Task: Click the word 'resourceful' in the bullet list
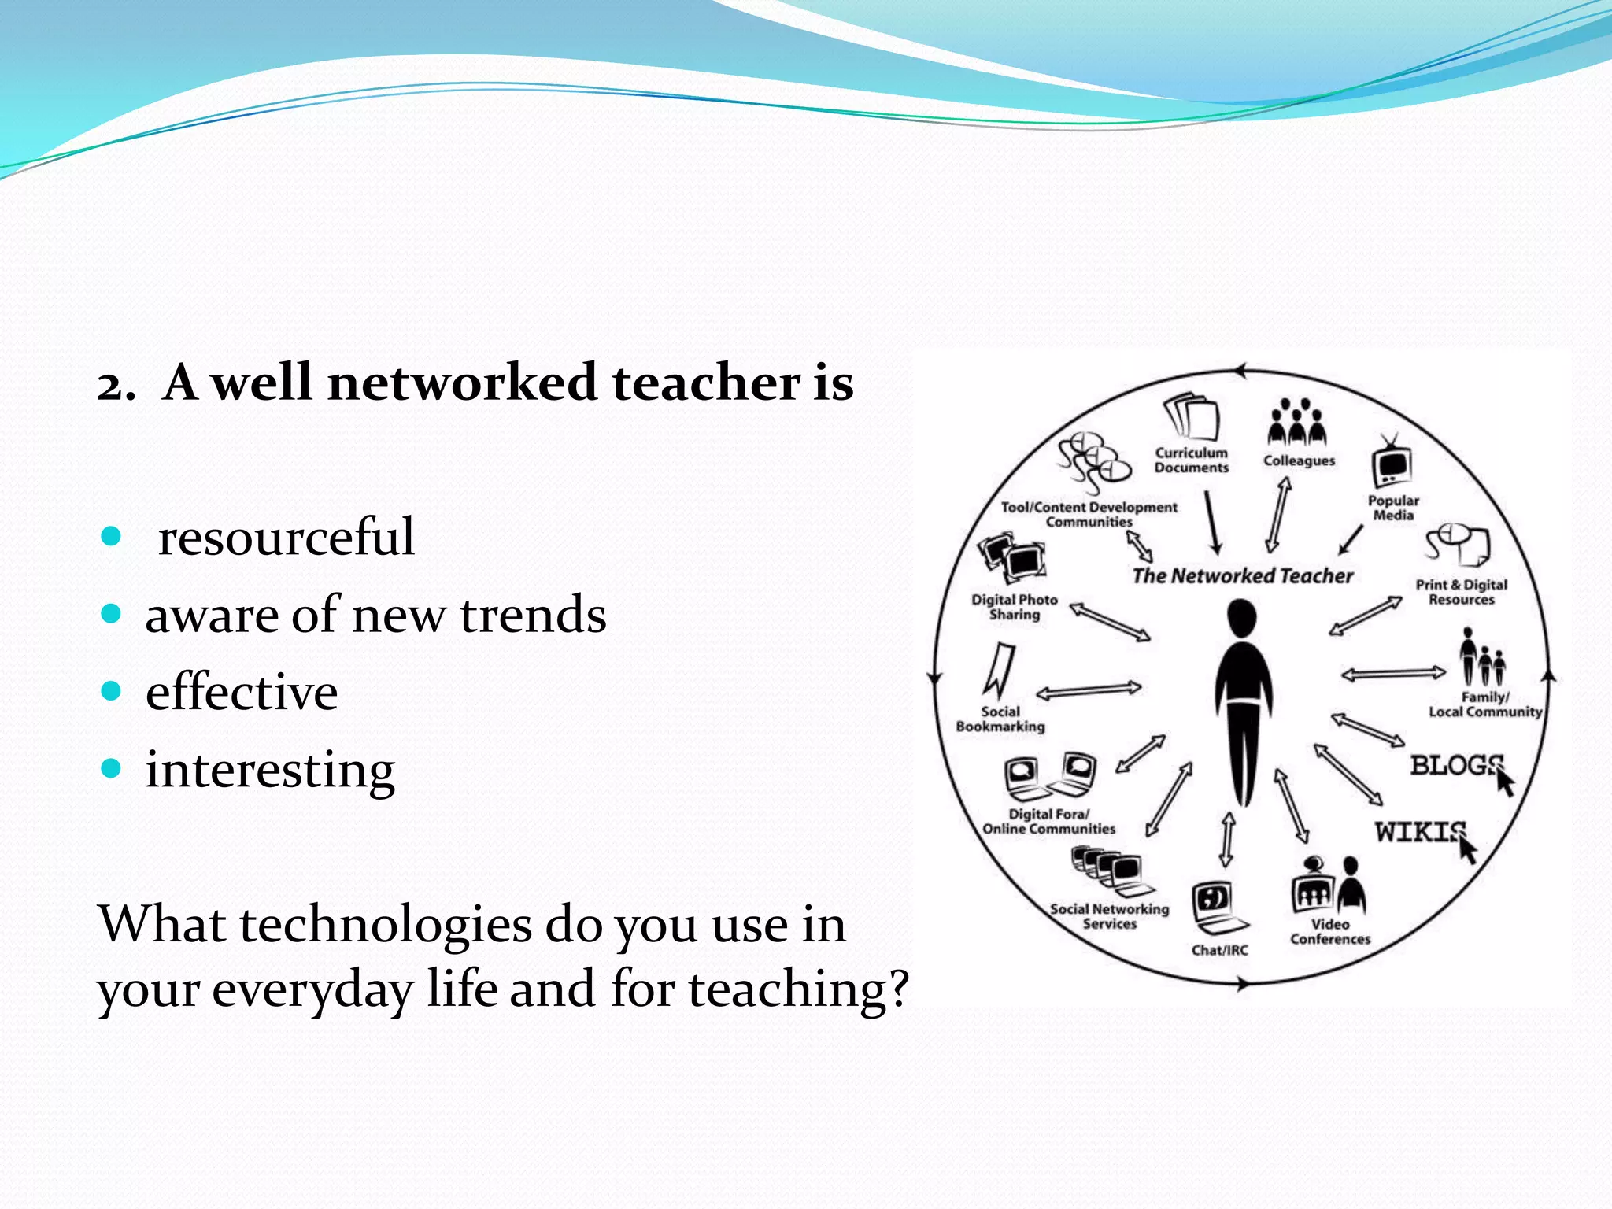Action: point(286,538)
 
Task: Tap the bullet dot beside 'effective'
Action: point(112,692)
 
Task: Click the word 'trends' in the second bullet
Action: point(533,615)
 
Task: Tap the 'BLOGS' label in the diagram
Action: point(1455,765)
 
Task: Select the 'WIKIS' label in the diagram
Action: point(1420,832)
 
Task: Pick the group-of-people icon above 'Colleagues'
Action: point(1296,423)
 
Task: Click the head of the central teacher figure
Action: point(1241,619)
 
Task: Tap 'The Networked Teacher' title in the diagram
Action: point(1242,576)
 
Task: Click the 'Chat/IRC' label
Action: point(1219,950)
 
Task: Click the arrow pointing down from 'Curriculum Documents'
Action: point(1212,523)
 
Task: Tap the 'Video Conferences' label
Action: point(1330,931)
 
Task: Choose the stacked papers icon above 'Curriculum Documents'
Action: point(1192,417)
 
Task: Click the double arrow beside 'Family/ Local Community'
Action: point(1393,674)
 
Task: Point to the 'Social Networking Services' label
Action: point(1110,916)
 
